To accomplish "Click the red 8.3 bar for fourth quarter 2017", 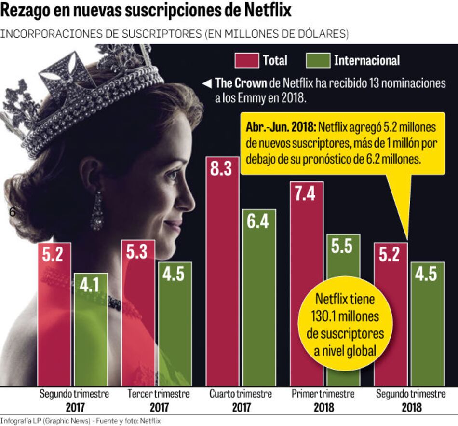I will [x=222, y=270].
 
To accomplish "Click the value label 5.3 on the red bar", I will [x=137, y=252].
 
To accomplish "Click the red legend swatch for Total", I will [x=246, y=60].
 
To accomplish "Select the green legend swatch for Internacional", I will [x=317, y=60].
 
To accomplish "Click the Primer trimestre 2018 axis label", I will [x=323, y=400].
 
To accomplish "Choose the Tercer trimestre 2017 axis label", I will [x=159, y=400].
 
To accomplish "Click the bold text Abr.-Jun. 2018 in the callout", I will [x=280, y=128].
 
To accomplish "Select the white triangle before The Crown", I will [x=206, y=83].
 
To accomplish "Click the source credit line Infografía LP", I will [x=80, y=421].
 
